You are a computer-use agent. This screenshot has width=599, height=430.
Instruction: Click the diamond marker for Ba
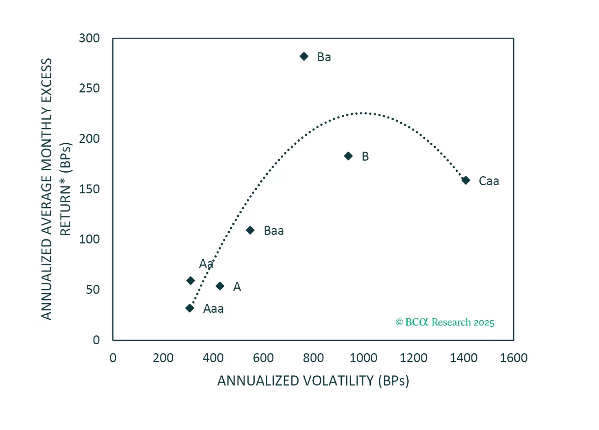tap(304, 56)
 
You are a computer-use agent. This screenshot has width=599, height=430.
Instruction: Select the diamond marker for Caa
tap(466, 180)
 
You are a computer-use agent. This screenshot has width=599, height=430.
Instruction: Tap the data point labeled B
tap(349, 156)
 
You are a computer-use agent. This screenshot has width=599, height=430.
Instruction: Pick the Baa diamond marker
tap(250, 230)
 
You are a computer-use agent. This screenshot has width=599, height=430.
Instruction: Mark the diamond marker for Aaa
tap(190, 308)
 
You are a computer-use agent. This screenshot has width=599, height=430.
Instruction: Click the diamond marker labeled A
tap(220, 286)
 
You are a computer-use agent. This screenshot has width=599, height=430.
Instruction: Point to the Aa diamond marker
tap(191, 280)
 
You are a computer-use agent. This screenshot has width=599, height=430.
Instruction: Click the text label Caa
tap(489, 181)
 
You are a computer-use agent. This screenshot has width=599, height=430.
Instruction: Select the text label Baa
tap(274, 231)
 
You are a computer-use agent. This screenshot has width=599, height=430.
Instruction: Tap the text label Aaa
tap(213, 309)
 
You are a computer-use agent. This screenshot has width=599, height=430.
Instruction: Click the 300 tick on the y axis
tap(89, 38)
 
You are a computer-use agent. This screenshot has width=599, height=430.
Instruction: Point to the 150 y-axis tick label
tap(89, 189)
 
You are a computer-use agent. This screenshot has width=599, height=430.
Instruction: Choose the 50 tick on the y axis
tap(93, 290)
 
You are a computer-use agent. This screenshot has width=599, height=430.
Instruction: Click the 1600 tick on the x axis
tap(514, 358)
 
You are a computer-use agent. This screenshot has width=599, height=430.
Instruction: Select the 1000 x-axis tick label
tap(363, 358)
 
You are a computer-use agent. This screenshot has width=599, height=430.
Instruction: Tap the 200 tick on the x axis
tap(163, 358)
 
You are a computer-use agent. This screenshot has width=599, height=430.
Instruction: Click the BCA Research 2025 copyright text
tap(445, 322)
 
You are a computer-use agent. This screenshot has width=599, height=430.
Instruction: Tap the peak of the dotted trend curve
tap(362, 113)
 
